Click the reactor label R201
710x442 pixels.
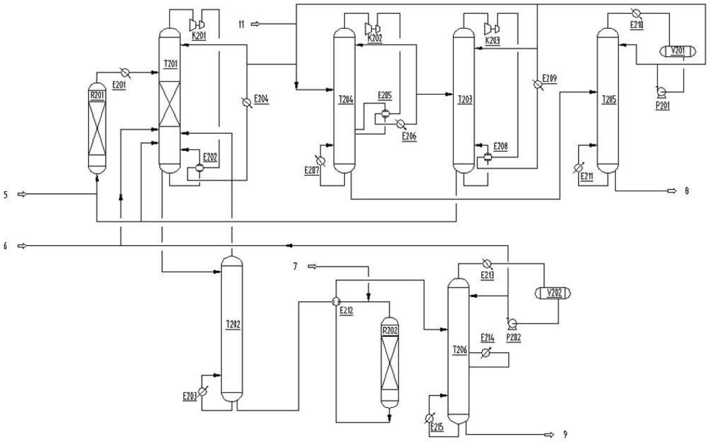pos(97,95)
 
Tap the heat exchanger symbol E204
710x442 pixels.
pos(246,102)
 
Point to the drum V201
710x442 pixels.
pos(677,51)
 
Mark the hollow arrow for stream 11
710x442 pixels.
pos(256,24)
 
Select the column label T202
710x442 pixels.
pos(233,324)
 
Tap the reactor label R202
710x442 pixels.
pos(390,331)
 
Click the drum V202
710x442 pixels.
pos(553,293)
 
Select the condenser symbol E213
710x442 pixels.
pos(487,264)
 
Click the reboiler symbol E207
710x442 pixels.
pos(321,161)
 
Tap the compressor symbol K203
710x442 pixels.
pos(491,28)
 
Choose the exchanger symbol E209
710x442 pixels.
pos(537,84)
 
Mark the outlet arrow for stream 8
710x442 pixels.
pos(672,191)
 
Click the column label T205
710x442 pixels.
pos(609,100)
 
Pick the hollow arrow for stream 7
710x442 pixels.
pos(312,266)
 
